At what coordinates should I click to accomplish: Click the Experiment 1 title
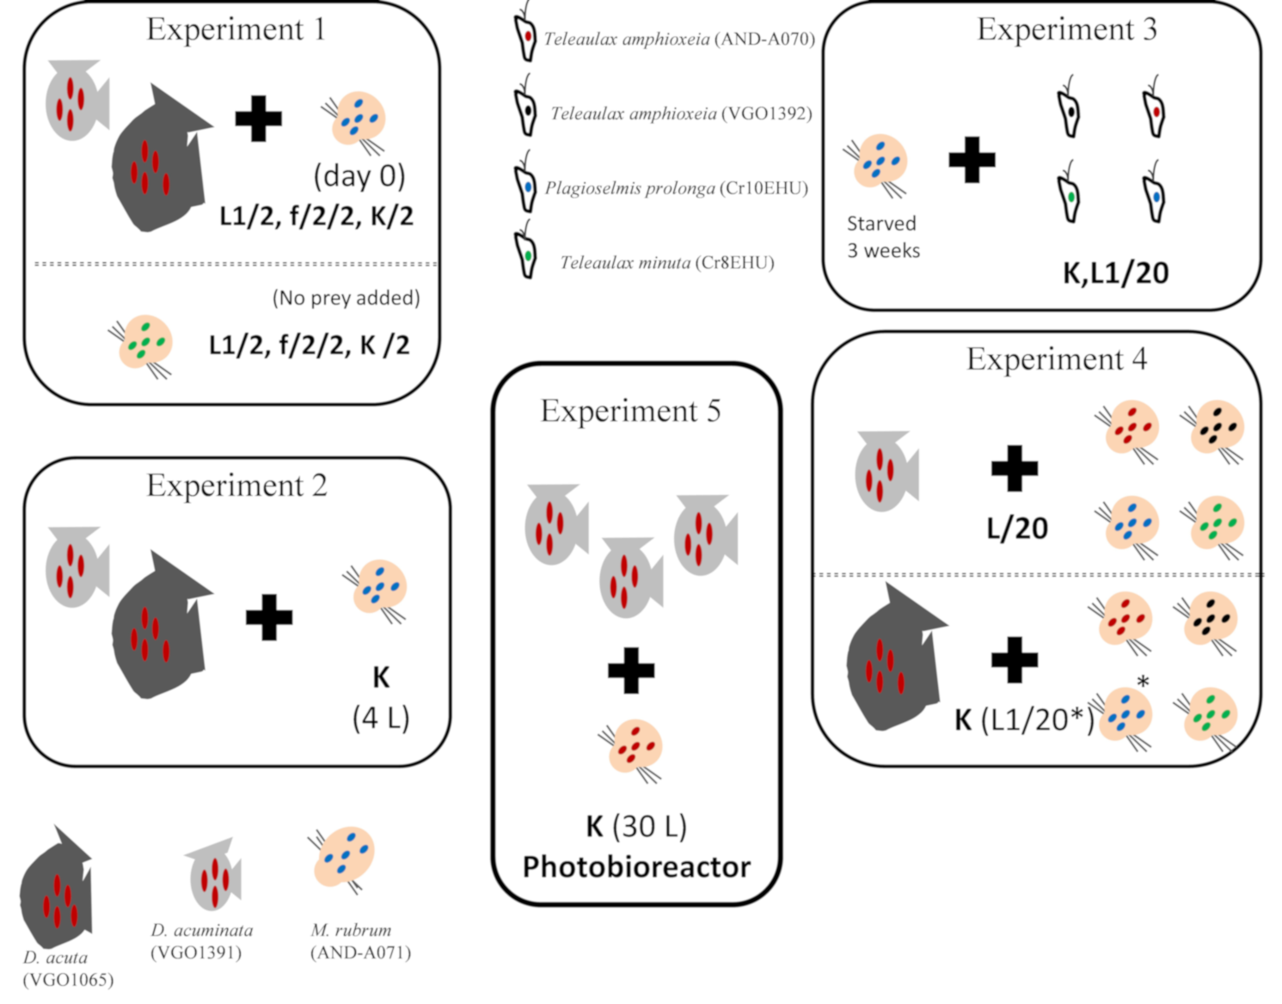tap(236, 29)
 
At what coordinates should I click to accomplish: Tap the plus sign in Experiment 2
tap(269, 617)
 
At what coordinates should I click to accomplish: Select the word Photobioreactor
tap(636, 866)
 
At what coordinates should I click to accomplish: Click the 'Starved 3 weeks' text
tap(883, 237)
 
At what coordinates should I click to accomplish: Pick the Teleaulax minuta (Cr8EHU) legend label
tap(666, 263)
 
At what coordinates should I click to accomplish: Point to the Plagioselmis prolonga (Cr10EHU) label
tap(676, 188)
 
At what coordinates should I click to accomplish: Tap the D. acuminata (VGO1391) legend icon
tap(213, 877)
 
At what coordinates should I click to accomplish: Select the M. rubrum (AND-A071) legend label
tap(360, 941)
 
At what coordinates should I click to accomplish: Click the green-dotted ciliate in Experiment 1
tap(144, 344)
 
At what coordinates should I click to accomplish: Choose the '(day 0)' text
tap(359, 176)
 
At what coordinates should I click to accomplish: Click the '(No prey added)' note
tap(346, 298)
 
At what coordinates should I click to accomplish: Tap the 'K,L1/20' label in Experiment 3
tap(1115, 273)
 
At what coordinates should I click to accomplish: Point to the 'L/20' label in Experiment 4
tap(1017, 528)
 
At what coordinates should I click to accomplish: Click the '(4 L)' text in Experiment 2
tap(381, 718)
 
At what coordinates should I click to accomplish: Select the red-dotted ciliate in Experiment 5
tap(634, 748)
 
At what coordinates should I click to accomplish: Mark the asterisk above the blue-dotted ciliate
tap(1143, 682)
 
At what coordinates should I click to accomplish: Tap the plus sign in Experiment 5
tap(631, 670)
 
